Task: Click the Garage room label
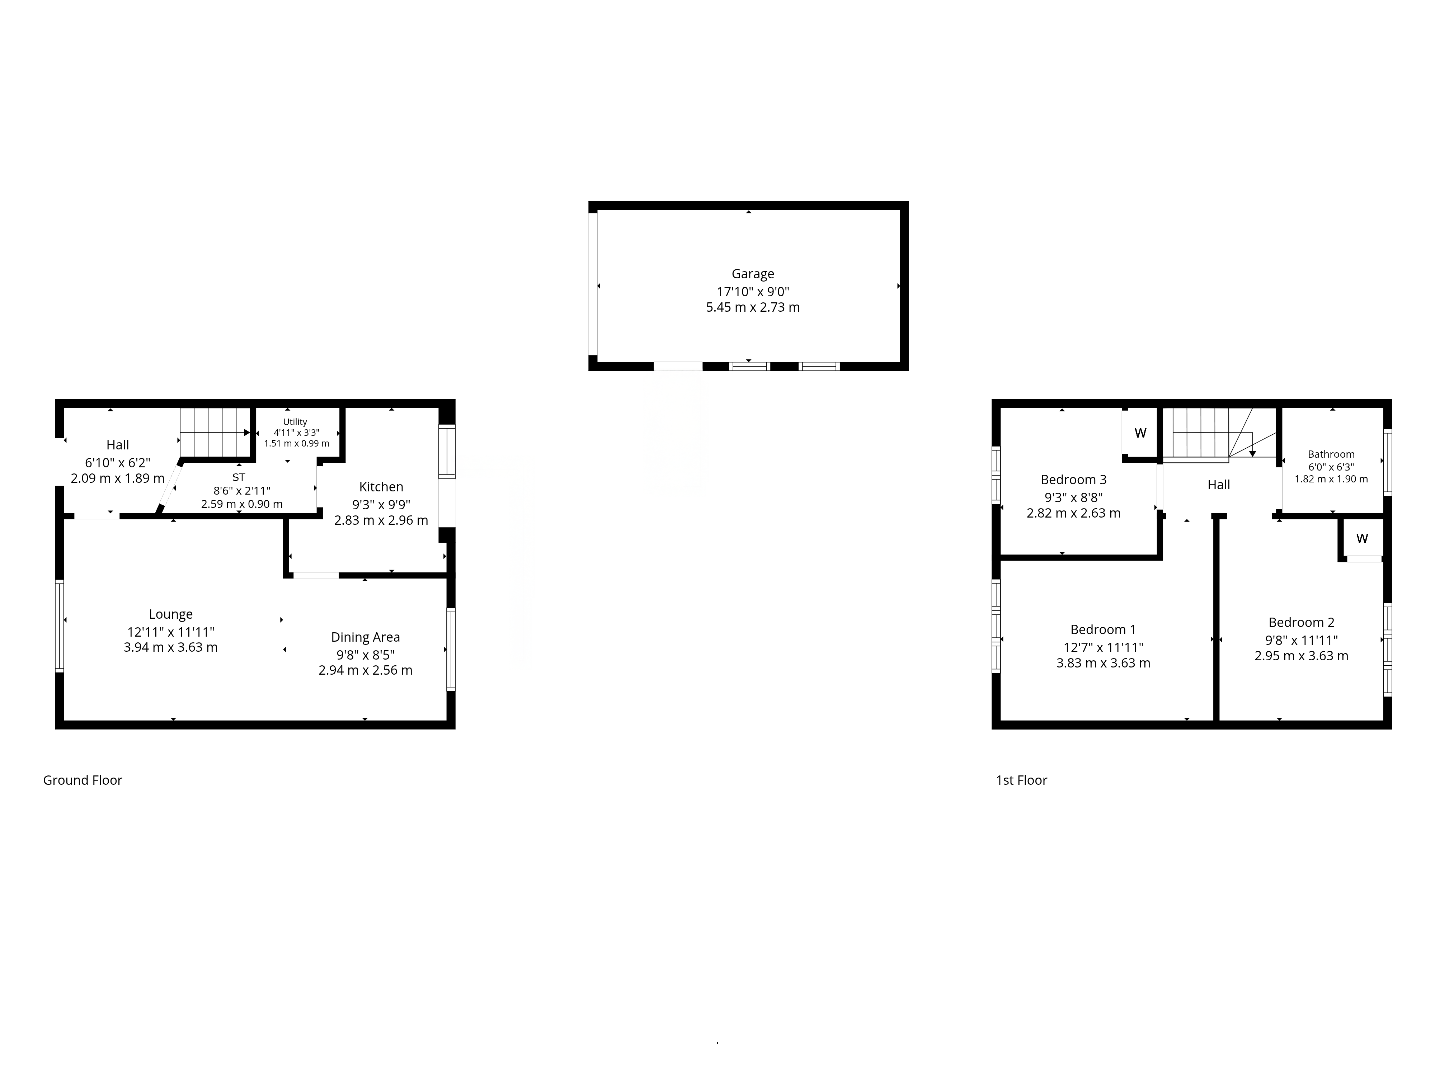(753, 274)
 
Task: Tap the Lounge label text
(171, 614)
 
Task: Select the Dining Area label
(365, 638)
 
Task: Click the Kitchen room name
(381, 486)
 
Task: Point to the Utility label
(295, 421)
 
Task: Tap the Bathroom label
(1331, 454)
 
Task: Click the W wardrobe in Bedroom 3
(1140, 433)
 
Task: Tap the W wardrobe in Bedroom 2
(1362, 538)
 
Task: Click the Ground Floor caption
(83, 780)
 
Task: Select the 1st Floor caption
(1022, 780)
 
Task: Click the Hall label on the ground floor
(117, 445)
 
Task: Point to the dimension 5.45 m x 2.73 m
(753, 307)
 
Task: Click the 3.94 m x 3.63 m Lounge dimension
(171, 647)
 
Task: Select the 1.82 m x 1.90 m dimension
(1331, 479)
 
